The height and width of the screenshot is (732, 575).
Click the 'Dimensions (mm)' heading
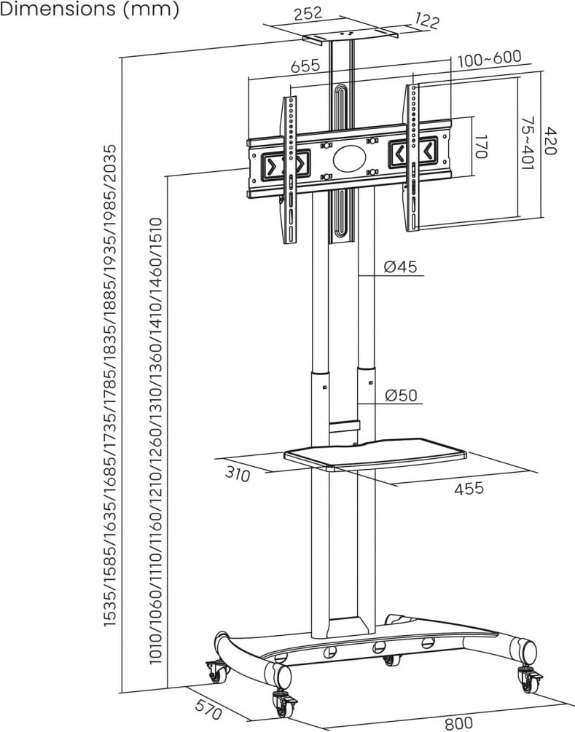click(89, 10)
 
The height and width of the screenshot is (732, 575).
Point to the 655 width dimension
click(305, 64)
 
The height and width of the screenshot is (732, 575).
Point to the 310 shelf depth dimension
click(238, 474)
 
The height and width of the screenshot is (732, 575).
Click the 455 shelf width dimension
click(469, 488)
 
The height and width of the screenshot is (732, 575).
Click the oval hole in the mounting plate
click(349, 159)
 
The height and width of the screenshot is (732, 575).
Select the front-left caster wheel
click(281, 704)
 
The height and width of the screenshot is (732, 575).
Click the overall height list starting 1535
click(109, 386)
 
